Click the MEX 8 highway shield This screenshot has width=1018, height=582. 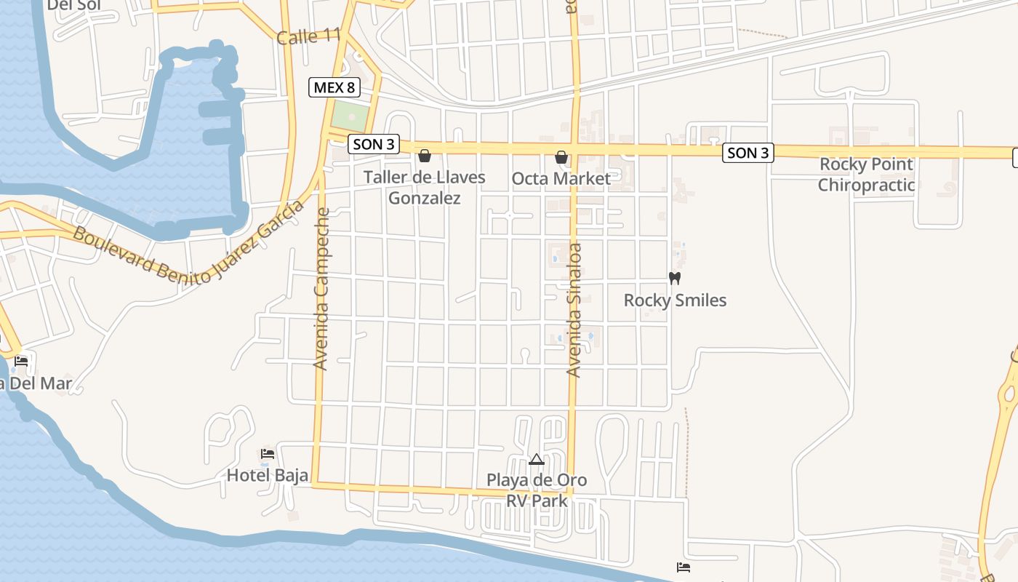pyautogui.click(x=334, y=88)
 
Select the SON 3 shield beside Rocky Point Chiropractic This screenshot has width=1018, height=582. pyautogui.click(x=748, y=153)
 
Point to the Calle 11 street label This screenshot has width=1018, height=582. pyautogui.click(x=308, y=36)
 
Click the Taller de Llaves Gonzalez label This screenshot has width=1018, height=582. pyautogui.click(x=424, y=187)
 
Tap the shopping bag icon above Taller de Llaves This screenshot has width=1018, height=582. pyautogui.click(x=425, y=156)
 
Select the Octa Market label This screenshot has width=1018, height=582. pyautogui.click(x=561, y=178)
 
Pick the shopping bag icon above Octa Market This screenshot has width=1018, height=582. pyautogui.click(x=561, y=157)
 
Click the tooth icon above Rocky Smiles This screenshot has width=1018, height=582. pyautogui.click(x=674, y=278)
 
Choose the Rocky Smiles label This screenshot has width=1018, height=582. pyautogui.click(x=675, y=300)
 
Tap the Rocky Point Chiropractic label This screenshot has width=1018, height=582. pyautogui.click(x=865, y=175)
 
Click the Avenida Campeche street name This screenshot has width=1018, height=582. pyautogui.click(x=321, y=289)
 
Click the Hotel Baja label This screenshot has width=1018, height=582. pyautogui.click(x=268, y=475)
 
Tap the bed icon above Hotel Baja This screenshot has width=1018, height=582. pyautogui.click(x=268, y=454)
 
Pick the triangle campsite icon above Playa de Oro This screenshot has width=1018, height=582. pyautogui.click(x=537, y=459)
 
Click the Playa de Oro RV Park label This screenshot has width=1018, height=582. pyautogui.click(x=537, y=490)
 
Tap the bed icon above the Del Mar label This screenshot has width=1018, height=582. pyautogui.click(x=21, y=361)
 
